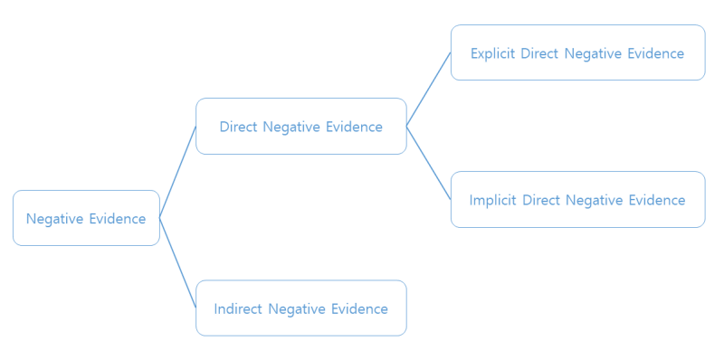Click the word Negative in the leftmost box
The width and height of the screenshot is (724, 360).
(x=55, y=218)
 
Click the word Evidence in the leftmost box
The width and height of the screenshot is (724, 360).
(x=117, y=218)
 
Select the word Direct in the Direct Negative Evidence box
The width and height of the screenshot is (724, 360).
(x=239, y=127)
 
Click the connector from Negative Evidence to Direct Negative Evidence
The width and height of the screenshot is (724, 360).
(x=177, y=172)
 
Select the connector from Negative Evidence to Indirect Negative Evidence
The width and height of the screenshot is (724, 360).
(x=177, y=262)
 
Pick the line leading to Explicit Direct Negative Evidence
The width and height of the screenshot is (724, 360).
(x=428, y=89)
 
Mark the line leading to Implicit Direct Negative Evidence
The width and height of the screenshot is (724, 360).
(x=428, y=163)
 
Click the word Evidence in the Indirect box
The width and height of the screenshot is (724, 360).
(x=359, y=308)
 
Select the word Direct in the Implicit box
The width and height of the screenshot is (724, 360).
(x=541, y=200)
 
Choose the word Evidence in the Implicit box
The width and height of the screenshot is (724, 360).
(x=657, y=200)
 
